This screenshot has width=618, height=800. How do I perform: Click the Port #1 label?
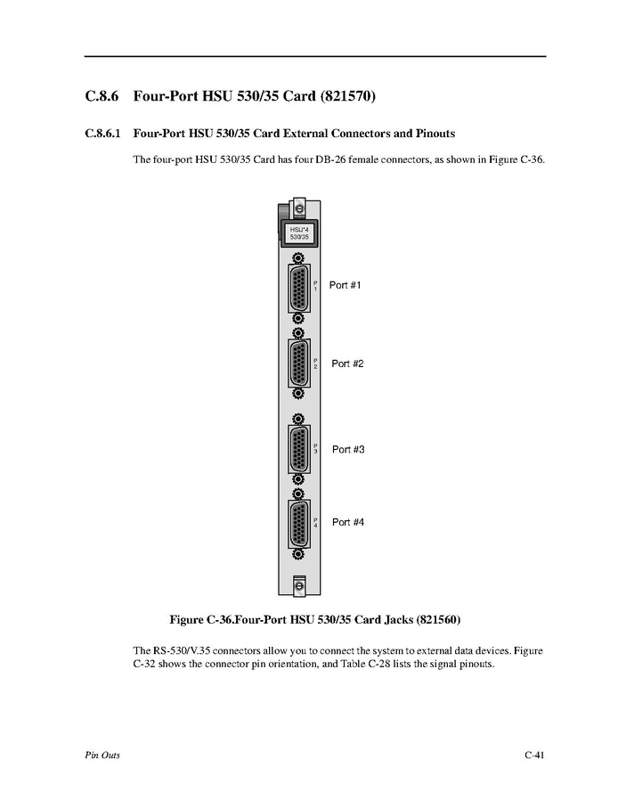[345, 285]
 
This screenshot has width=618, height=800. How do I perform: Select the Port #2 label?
[347, 363]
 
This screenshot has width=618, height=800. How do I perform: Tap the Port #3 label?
[348, 450]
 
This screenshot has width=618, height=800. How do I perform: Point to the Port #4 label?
[348, 522]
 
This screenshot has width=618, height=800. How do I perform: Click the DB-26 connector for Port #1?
[299, 289]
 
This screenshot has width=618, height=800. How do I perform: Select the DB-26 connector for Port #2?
[299, 363]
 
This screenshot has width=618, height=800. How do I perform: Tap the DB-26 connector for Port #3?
[299, 450]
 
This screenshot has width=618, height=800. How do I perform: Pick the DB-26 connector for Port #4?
[299, 524]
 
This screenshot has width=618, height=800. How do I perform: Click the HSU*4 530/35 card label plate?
[299, 233]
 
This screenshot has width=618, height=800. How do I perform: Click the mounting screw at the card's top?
[299, 209]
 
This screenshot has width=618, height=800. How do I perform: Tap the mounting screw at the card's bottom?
[299, 584]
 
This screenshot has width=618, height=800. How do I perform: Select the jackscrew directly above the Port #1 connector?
[299, 258]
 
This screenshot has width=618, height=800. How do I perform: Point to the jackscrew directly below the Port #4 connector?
[299, 554]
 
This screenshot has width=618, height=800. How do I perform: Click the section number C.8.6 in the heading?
[102, 96]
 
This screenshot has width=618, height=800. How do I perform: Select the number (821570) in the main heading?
[348, 96]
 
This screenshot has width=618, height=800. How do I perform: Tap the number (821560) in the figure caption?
[438, 620]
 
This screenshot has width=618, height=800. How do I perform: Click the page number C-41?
[534, 755]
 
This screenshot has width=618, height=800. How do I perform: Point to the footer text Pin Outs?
[102, 755]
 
